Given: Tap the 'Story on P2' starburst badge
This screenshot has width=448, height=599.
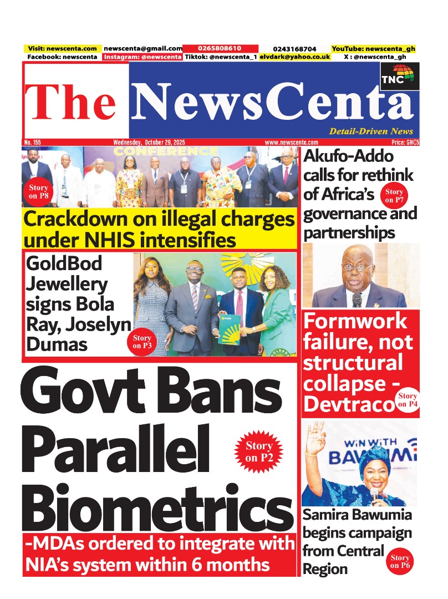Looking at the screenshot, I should tap(258, 450).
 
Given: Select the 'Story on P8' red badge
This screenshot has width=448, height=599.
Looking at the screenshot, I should tap(39, 191).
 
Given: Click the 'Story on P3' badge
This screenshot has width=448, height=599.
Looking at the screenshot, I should tap(142, 342).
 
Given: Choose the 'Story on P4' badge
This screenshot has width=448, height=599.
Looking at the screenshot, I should tap(407, 400).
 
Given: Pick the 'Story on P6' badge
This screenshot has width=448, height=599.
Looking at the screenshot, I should tap(399, 561).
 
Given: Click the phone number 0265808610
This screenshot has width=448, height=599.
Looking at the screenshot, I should tap(220, 49).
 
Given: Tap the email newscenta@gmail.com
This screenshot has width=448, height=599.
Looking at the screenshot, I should tap(142, 49).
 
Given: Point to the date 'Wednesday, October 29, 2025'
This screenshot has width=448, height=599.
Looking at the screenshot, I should tap(149, 143).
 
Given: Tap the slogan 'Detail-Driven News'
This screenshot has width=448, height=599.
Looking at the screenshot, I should tap(370, 131).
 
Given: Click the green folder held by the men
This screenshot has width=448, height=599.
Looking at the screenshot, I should tap(231, 328).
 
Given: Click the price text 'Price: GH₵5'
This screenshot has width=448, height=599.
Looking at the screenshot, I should tap(405, 143).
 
